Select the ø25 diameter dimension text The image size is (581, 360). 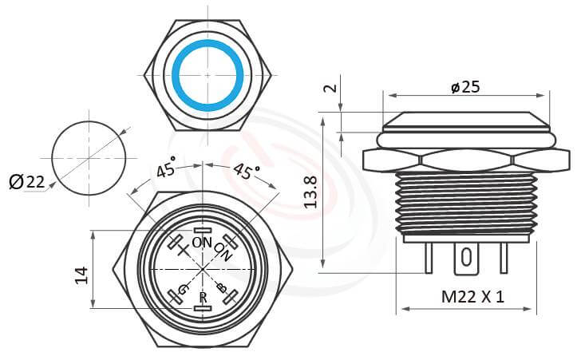[x=464, y=87]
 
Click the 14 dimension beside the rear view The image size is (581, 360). [x=81, y=275]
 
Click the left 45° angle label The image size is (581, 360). [x=167, y=170]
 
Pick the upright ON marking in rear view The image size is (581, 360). [x=202, y=243]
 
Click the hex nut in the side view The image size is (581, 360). [x=465, y=160]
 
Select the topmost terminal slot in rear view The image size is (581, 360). [x=204, y=230]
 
